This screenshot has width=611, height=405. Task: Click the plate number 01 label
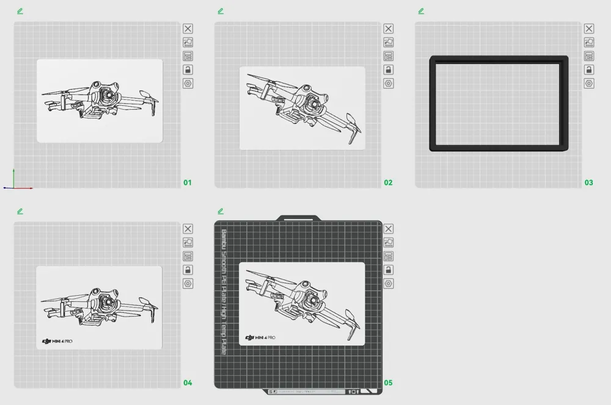[x=188, y=182]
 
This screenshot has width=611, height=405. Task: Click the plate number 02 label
[x=388, y=182]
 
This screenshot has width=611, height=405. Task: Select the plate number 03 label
[x=588, y=182]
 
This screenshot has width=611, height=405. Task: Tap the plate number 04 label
[x=188, y=383]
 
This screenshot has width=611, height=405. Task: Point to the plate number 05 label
[x=388, y=383]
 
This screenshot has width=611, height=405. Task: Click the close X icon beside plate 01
[x=188, y=29]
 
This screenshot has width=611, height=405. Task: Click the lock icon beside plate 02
[x=388, y=70]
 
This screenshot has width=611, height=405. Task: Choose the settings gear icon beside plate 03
[x=588, y=84]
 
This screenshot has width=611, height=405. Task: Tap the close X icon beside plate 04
[x=188, y=229]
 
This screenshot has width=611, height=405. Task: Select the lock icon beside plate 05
[x=388, y=270]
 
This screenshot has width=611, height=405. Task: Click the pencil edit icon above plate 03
[x=421, y=11]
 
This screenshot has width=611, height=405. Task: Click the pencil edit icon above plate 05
[x=221, y=211]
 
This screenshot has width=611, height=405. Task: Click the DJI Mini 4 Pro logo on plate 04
[x=57, y=341]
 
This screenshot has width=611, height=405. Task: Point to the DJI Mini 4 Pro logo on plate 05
[x=260, y=337]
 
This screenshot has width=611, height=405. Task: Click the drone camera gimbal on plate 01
[x=108, y=96]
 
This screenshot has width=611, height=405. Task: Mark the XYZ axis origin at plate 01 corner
[x=13, y=187]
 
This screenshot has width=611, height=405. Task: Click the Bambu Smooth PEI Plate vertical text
[x=223, y=293]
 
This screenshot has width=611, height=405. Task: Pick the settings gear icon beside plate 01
[x=188, y=84]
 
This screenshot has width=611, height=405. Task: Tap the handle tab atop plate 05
[x=299, y=218]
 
